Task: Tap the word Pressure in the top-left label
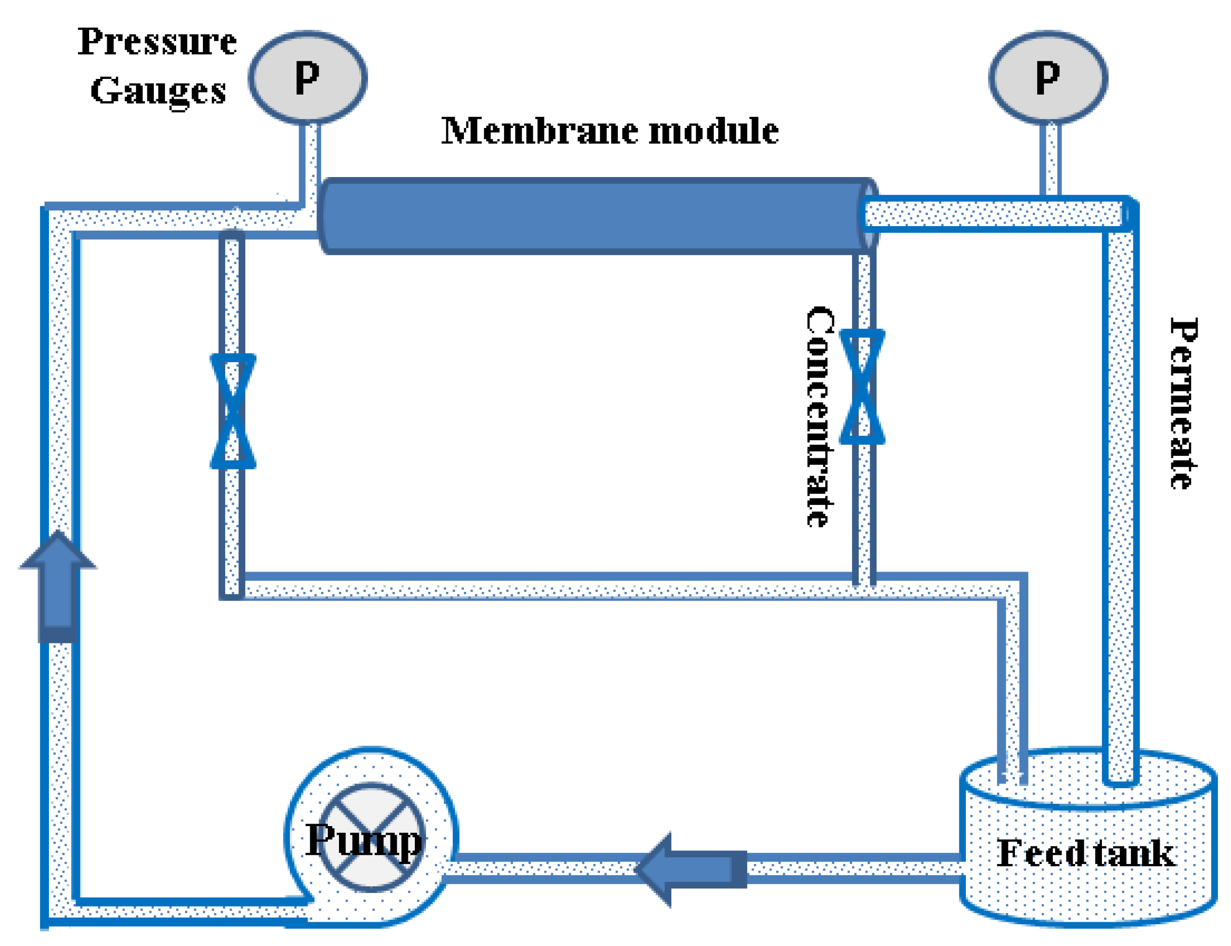pyautogui.click(x=157, y=41)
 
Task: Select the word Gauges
pyautogui.click(x=158, y=91)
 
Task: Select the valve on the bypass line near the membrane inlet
pyautogui.click(x=233, y=411)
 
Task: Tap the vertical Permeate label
pyautogui.click(x=1182, y=403)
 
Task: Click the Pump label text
pyautogui.click(x=363, y=841)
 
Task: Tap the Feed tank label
pyautogui.click(x=1084, y=853)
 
